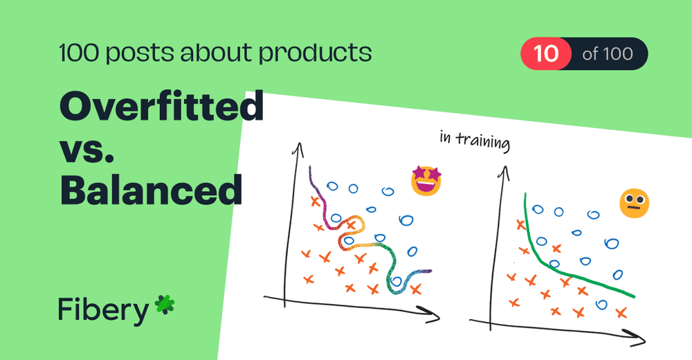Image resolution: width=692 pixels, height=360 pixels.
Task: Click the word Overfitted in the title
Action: pyautogui.click(x=161, y=109)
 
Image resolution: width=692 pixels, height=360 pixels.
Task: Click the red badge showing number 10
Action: pyautogui.click(x=546, y=53)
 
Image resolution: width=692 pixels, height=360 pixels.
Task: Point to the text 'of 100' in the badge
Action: pyautogui.click(x=607, y=53)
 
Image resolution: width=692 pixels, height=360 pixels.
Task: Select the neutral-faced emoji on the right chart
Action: pyautogui.click(x=634, y=204)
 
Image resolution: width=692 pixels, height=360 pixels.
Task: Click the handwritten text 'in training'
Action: pyautogui.click(x=475, y=141)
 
